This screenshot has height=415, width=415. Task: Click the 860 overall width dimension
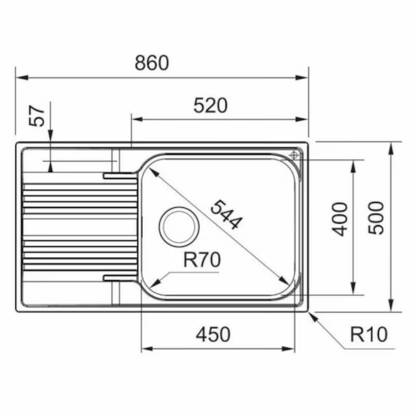[152, 63]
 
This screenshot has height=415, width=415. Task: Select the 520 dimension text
[210, 105]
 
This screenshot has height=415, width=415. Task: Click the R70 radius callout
[202, 260]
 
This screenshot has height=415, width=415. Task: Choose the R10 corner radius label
[369, 335]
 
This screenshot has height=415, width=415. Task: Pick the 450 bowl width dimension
[213, 335]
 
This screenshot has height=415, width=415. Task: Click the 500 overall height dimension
[377, 218]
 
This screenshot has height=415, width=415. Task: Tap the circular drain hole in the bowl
[178, 226]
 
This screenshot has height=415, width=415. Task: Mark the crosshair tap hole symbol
[294, 155]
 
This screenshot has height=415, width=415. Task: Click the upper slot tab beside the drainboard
[119, 175]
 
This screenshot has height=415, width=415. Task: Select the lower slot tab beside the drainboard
[119, 278]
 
